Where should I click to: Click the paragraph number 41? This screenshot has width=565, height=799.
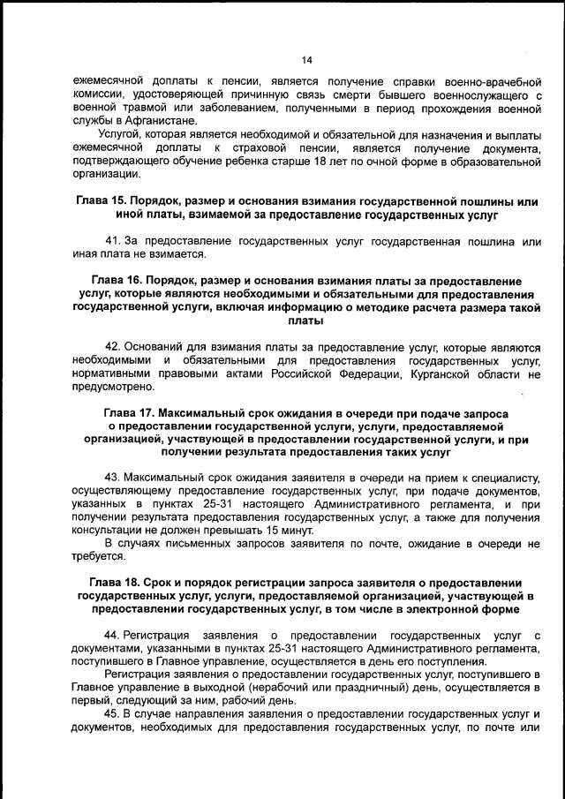click(x=112, y=242)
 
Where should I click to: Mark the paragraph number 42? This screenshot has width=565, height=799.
click(x=112, y=347)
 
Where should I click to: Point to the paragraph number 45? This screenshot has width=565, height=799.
click(x=112, y=713)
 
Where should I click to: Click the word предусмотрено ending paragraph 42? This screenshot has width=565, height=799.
click(x=113, y=387)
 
